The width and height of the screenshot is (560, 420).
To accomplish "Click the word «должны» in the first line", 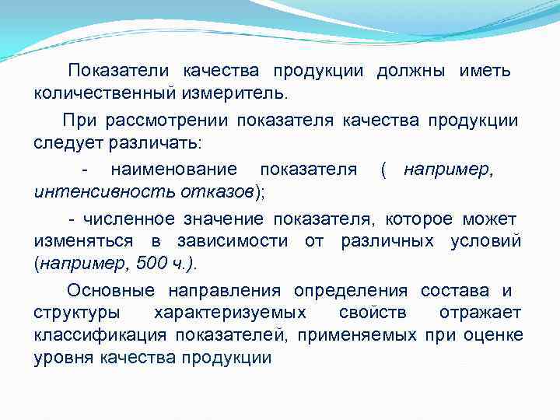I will [x=411, y=72].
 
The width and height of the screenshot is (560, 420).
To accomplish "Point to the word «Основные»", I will [x=110, y=291].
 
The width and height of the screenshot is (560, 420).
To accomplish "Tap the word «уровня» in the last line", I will [x=60, y=359].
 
